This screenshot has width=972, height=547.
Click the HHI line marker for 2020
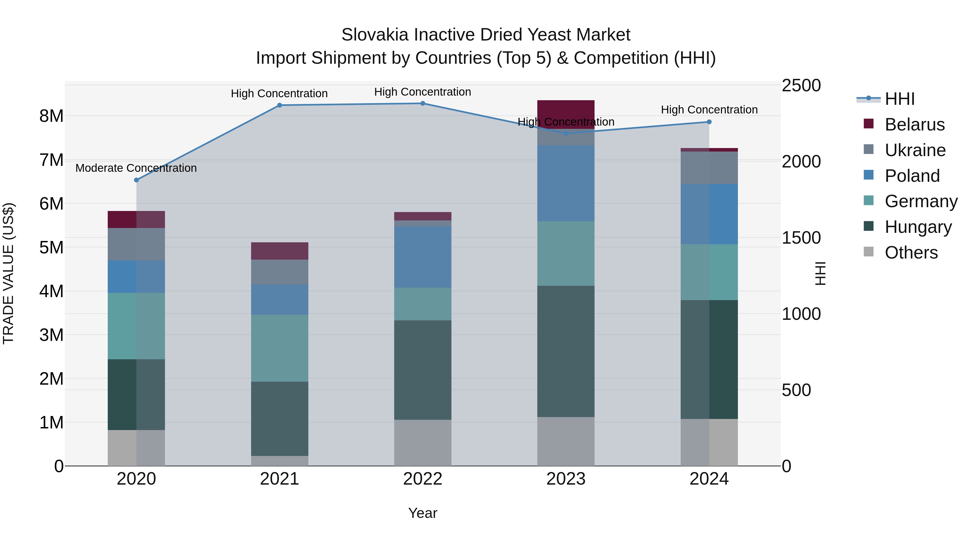coord(137,180)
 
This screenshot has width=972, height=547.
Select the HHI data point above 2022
coord(423,103)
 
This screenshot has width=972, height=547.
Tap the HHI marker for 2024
coord(709,122)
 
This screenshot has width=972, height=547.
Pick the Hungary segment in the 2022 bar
coord(423,370)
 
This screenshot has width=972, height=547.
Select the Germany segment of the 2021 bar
coord(280,348)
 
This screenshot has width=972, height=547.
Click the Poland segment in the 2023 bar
coord(566,183)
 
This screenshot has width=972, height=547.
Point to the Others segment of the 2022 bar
coord(423,442)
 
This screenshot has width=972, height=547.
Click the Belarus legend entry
coord(914,125)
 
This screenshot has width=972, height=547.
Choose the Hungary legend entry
coord(918,227)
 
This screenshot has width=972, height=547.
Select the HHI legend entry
coord(900,99)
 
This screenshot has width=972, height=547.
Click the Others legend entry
coord(911,253)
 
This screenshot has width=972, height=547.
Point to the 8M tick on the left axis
coord(51,116)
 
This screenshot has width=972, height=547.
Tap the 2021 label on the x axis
coord(280,479)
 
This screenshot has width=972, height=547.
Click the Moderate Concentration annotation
coord(136,168)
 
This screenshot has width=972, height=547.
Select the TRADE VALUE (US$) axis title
coord(9,273)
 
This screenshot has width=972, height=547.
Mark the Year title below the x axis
coord(423,513)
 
